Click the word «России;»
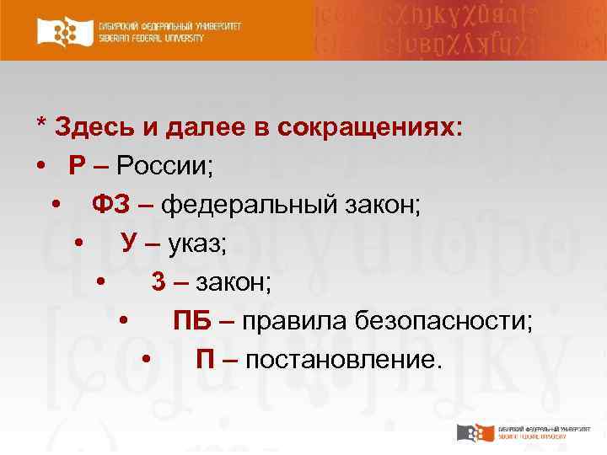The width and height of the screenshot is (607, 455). click(165, 165)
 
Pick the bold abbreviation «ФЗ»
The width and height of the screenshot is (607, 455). click(110, 204)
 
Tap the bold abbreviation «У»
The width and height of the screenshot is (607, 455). click(129, 243)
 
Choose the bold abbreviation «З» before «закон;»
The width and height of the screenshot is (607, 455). click(158, 281)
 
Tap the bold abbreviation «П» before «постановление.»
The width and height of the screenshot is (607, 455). click(205, 359)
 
